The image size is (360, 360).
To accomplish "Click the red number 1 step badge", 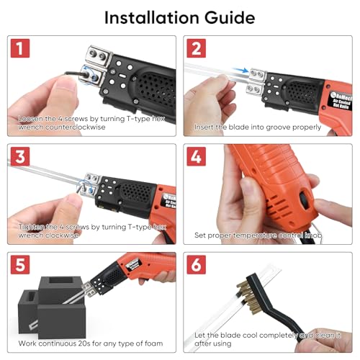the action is pyautogui.click(x=20, y=48).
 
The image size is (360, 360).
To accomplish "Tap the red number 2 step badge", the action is pyautogui.click(x=197, y=48).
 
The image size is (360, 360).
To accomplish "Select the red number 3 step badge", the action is pyautogui.click(x=20, y=156).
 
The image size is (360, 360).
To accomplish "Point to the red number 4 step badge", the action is pyautogui.click(x=197, y=156).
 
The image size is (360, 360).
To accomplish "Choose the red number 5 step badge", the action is pyautogui.click(x=20, y=265).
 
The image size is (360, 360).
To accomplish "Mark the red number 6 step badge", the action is pyautogui.click(x=197, y=265).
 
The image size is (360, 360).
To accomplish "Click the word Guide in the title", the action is pyautogui.click(x=230, y=17).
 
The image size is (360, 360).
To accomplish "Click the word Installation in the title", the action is pyautogui.click(x=152, y=17).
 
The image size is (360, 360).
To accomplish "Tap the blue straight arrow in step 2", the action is pyautogui.click(x=240, y=70).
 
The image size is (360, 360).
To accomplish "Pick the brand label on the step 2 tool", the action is pyautogui.click(x=341, y=102).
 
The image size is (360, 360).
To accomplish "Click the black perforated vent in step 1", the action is pyautogui.click(x=156, y=90).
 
